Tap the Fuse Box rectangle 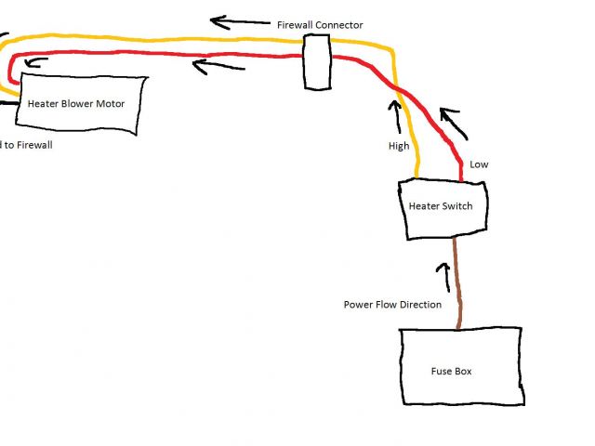point(461,366)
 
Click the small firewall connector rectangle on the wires point(317,62)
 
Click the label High point(398,146)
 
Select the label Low point(479,164)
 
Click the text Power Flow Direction point(391,304)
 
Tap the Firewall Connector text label point(320,24)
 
